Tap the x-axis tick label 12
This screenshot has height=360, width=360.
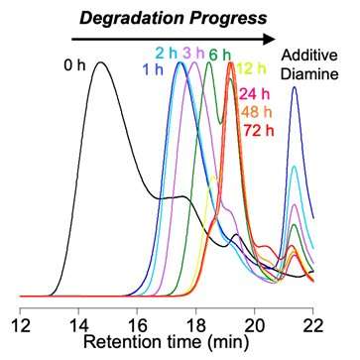click(x=20, y=324)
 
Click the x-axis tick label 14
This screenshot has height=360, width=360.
click(x=78, y=324)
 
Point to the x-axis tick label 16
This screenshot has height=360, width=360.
click(x=137, y=324)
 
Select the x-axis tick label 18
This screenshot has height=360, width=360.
click(x=195, y=324)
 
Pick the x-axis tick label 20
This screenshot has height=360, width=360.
click(x=254, y=324)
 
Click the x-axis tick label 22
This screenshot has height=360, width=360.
click(x=312, y=324)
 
